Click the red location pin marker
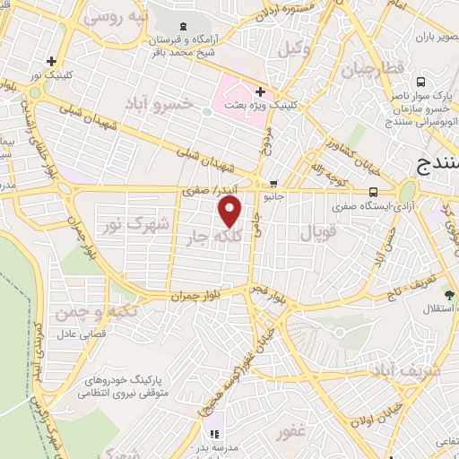[x=230, y=211]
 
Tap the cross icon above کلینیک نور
[x=52, y=62]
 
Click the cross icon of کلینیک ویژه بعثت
[x=260, y=91]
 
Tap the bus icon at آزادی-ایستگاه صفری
[x=372, y=191]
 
